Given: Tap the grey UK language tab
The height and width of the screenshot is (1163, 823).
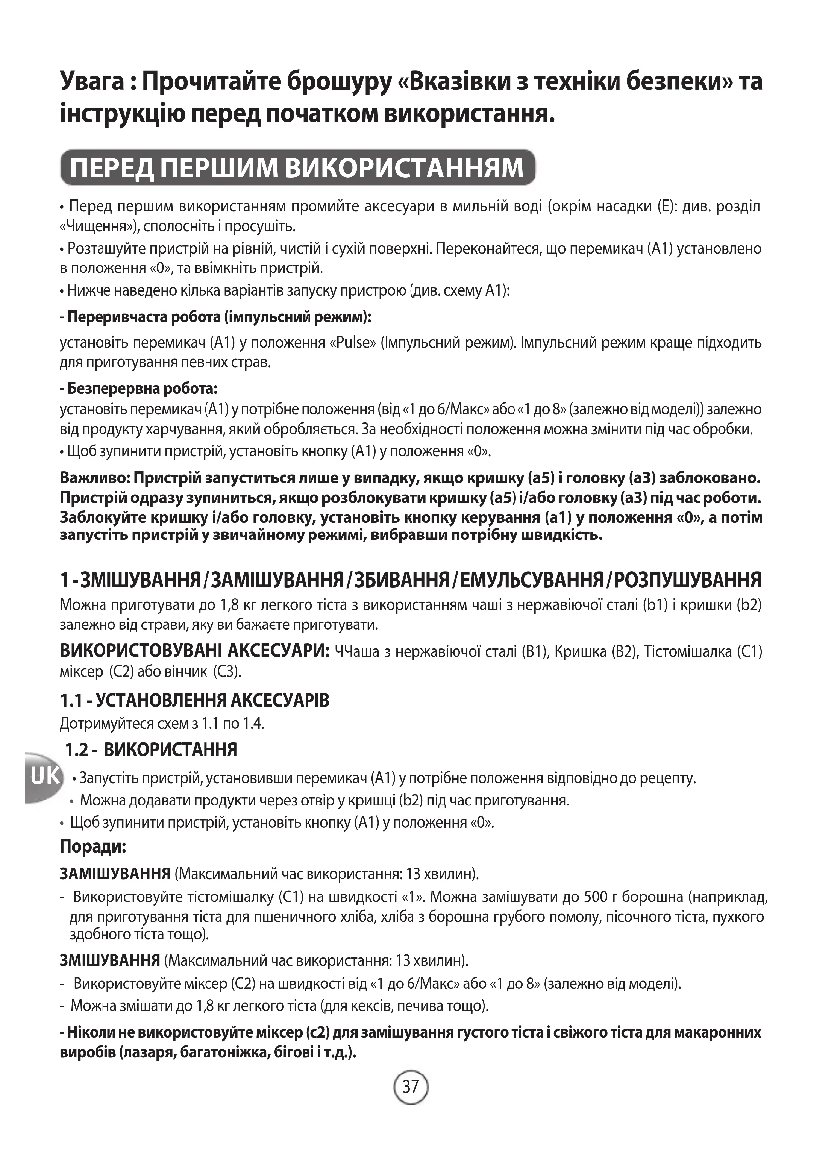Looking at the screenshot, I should click(x=44, y=776).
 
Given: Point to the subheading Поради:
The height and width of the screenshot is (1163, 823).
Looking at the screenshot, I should click(x=93, y=846).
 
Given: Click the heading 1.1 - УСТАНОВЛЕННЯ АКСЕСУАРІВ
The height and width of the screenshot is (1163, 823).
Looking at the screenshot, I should click(x=195, y=701).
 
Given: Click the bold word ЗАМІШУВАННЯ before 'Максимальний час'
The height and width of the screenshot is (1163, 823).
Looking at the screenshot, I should click(x=115, y=874).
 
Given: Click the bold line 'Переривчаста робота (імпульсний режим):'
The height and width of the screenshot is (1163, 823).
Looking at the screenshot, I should click(x=216, y=318).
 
